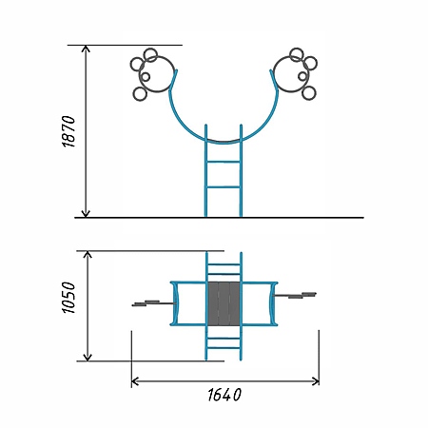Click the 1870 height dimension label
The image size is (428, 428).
68,131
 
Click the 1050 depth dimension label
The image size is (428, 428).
68,298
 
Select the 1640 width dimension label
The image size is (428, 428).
224,395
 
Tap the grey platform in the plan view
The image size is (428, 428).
224,303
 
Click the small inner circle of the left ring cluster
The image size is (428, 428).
146,77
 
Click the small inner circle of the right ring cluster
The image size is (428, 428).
302,76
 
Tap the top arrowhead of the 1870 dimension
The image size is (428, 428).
86,49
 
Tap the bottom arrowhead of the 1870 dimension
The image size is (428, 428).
86,214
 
